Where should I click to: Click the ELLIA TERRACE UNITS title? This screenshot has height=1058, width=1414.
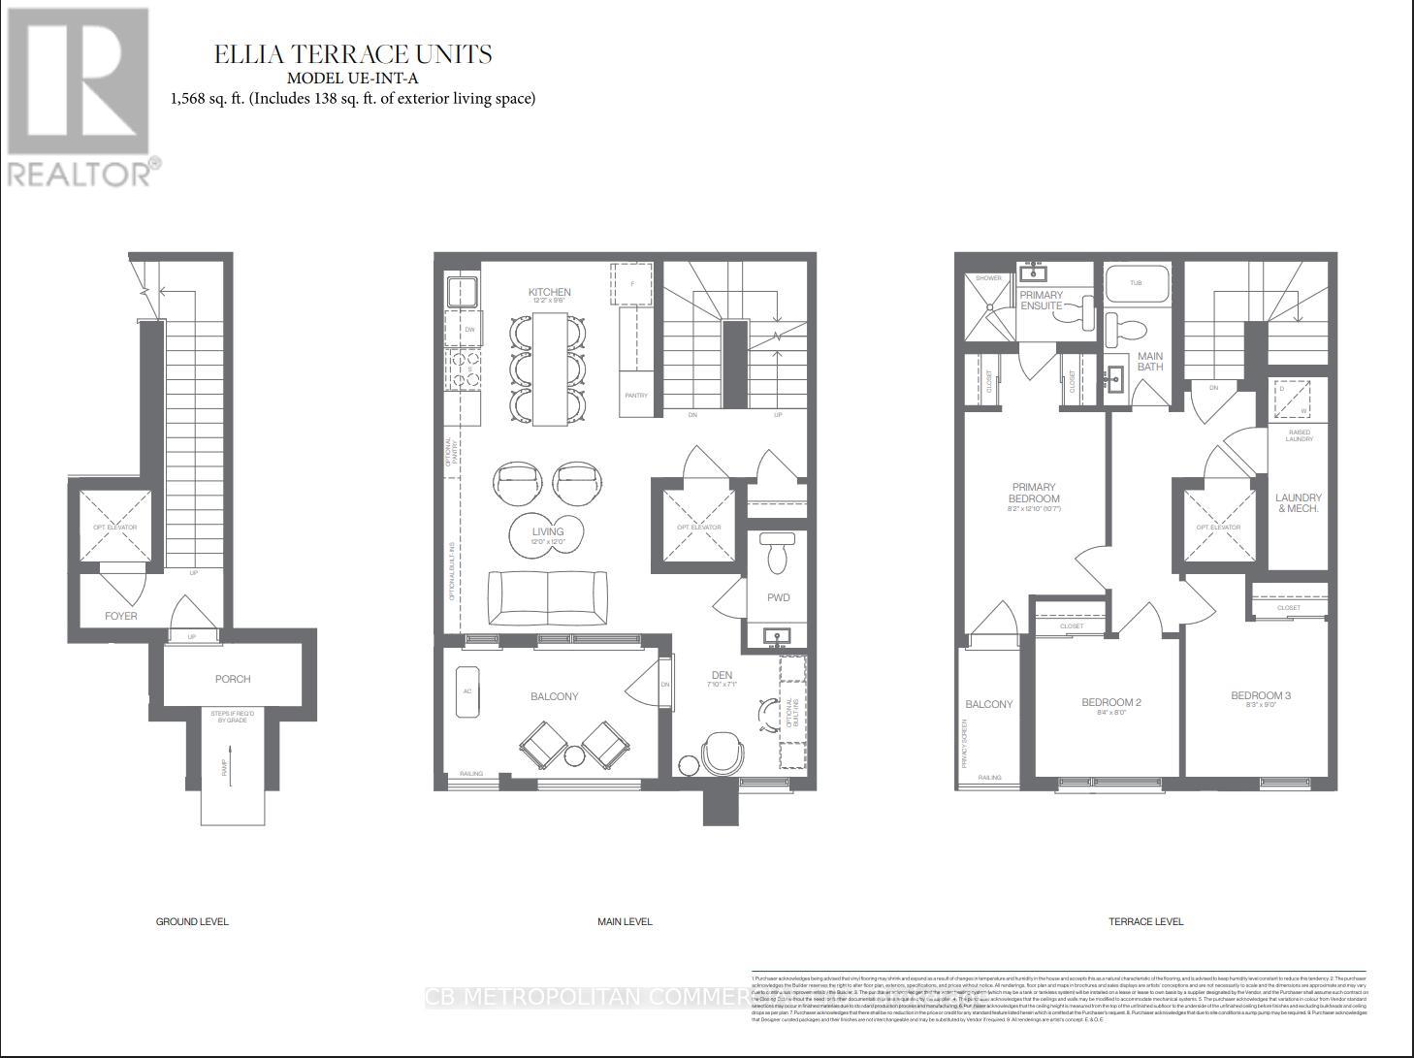[353, 54]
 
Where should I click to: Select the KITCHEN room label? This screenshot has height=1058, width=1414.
[549, 292]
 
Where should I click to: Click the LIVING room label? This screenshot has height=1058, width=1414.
[548, 531]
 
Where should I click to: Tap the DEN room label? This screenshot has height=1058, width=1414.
[722, 675]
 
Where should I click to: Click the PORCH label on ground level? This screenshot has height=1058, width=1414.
[233, 679]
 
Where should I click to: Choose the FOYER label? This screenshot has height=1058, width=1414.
[121, 616]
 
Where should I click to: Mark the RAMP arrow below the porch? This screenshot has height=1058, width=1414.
[231, 766]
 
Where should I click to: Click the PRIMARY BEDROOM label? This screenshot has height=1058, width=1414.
[1034, 493]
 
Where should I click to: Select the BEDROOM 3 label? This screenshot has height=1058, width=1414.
[1261, 695]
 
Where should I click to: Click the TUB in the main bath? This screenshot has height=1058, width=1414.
[1136, 283]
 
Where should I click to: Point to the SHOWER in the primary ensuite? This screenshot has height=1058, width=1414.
[988, 305]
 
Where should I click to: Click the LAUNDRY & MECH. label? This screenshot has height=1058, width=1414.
[1298, 502]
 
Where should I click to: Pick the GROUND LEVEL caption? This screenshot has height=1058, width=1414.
[192, 921]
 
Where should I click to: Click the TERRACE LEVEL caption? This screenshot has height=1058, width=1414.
[1145, 921]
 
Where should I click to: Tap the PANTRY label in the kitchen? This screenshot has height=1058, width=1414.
[635, 396]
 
